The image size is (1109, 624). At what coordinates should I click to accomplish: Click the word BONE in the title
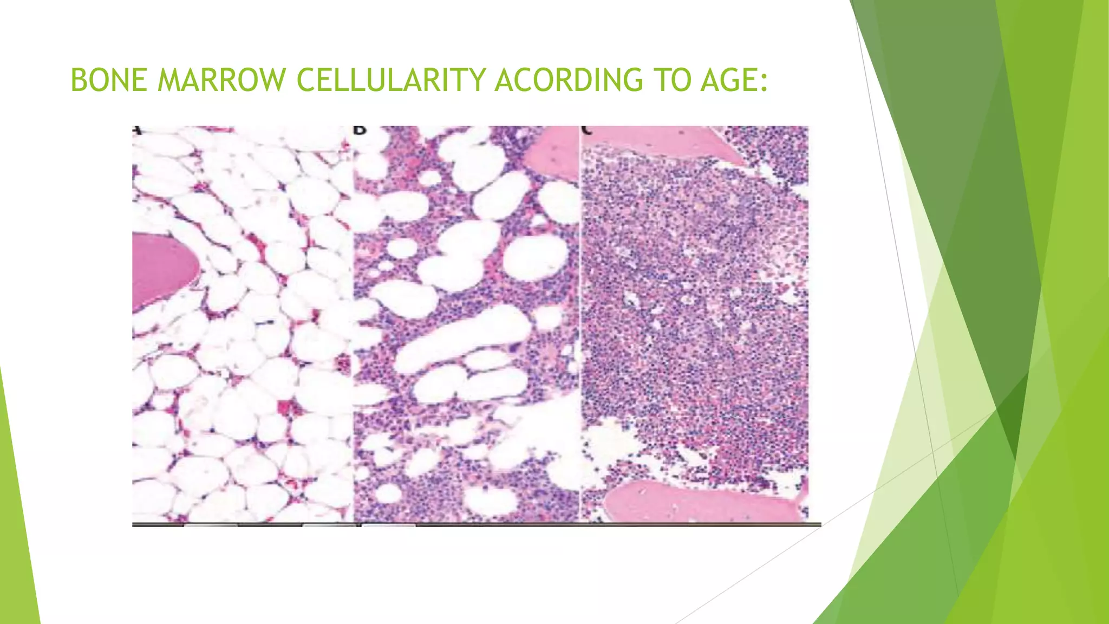tap(109, 80)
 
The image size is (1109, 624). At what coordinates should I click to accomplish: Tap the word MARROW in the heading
tap(221, 80)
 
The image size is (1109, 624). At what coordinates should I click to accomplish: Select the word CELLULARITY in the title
tap(391, 80)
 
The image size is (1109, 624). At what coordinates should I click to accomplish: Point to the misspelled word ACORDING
tap(569, 80)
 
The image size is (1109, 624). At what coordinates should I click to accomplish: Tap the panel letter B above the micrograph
tap(360, 131)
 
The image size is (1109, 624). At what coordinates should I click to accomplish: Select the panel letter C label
tap(586, 131)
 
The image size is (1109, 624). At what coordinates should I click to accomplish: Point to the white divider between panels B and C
tap(579, 325)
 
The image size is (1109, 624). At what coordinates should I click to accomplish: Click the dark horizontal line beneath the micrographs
tap(477, 525)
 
